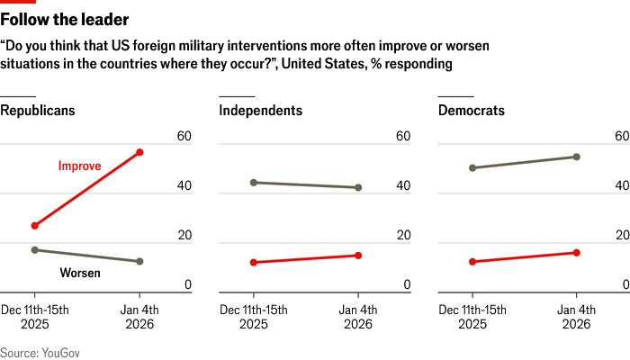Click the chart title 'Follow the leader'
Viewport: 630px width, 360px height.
tap(64, 19)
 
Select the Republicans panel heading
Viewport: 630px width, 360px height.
tap(37, 111)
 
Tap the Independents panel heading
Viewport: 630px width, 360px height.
tap(261, 111)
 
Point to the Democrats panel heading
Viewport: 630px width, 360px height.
tap(472, 111)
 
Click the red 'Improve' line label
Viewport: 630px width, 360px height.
tap(79, 166)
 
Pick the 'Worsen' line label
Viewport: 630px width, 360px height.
tap(79, 273)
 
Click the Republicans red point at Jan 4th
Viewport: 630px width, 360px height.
tap(139, 152)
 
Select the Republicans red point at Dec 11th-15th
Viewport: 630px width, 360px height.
tap(34, 226)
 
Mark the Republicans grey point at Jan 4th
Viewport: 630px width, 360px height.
tap(139, 261)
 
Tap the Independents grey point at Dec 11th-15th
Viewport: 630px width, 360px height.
tap(254, 183)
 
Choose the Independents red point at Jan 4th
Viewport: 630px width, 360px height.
tap(358, 256)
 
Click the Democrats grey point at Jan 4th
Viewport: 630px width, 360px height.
tap(577, 157)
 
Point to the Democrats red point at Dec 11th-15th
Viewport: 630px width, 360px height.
tap(472, 262)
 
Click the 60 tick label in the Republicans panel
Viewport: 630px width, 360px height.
tap(184, 137)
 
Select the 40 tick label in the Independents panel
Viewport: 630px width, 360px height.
tap(403, 186)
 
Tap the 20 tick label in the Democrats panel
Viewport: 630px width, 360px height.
tap(622, 236)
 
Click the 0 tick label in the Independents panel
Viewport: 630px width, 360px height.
tap(407, 285)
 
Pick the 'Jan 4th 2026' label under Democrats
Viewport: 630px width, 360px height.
tap(577, 318)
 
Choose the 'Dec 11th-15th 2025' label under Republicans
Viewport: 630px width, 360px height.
tap(35, 318)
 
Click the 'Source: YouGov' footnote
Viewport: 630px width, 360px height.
tap(40, 353)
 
